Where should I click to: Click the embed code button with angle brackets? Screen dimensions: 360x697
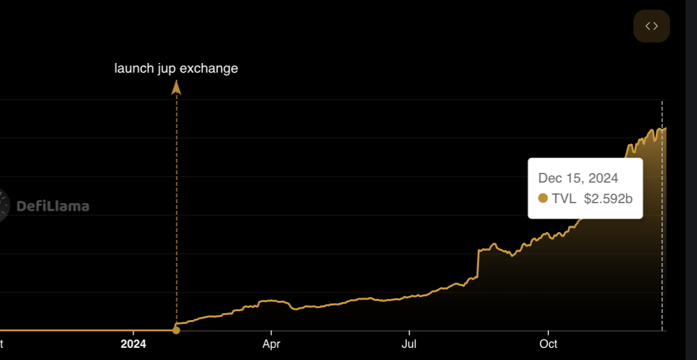(651, 26)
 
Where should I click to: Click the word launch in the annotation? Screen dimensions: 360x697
(134, 68)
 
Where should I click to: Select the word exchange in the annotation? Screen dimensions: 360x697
(209, 68)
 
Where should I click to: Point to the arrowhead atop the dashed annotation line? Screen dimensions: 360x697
(176, 87)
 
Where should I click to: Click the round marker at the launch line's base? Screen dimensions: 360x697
(176, 330)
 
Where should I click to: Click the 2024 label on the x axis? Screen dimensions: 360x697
(134, 344)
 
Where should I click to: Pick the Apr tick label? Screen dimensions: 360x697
(271, 344)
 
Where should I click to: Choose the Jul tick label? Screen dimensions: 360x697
(409, 344)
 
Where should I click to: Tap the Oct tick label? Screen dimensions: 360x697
(548, 344)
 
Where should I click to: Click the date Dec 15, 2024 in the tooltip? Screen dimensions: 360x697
(578, 178)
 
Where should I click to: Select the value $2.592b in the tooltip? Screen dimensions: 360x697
(608, 199)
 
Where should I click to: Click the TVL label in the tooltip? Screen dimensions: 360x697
(564, 199)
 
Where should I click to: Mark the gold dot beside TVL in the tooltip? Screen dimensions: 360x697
(543, 199)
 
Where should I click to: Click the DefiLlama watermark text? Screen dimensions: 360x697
(53, 206)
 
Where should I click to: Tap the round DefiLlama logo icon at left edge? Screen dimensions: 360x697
(3, 206)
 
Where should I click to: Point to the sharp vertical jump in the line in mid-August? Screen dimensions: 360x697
(478, 264)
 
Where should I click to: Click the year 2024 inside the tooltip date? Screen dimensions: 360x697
(604, 178)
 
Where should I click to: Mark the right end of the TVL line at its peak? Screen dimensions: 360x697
(665, 129)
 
